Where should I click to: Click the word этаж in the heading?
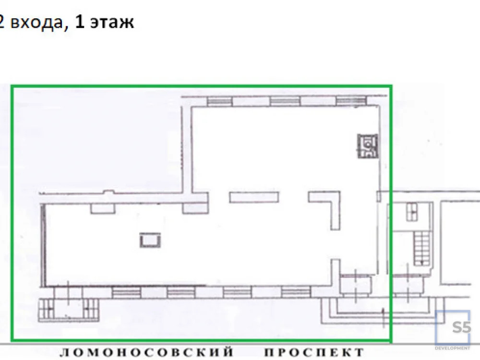[111, 22]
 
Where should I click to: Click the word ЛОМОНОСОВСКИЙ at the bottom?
[146, 352]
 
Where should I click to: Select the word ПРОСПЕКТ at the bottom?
[314, 352]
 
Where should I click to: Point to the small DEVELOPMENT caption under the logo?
[453, 348]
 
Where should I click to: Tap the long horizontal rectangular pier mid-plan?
[254, 197]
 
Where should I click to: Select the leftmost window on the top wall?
[219, 101]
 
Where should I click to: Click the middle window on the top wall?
[285, 101]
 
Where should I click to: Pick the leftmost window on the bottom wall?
[127, 292]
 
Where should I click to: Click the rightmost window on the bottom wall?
[296, 292]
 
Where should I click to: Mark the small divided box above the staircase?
[412, 211]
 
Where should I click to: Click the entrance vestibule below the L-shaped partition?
[355, 284]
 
